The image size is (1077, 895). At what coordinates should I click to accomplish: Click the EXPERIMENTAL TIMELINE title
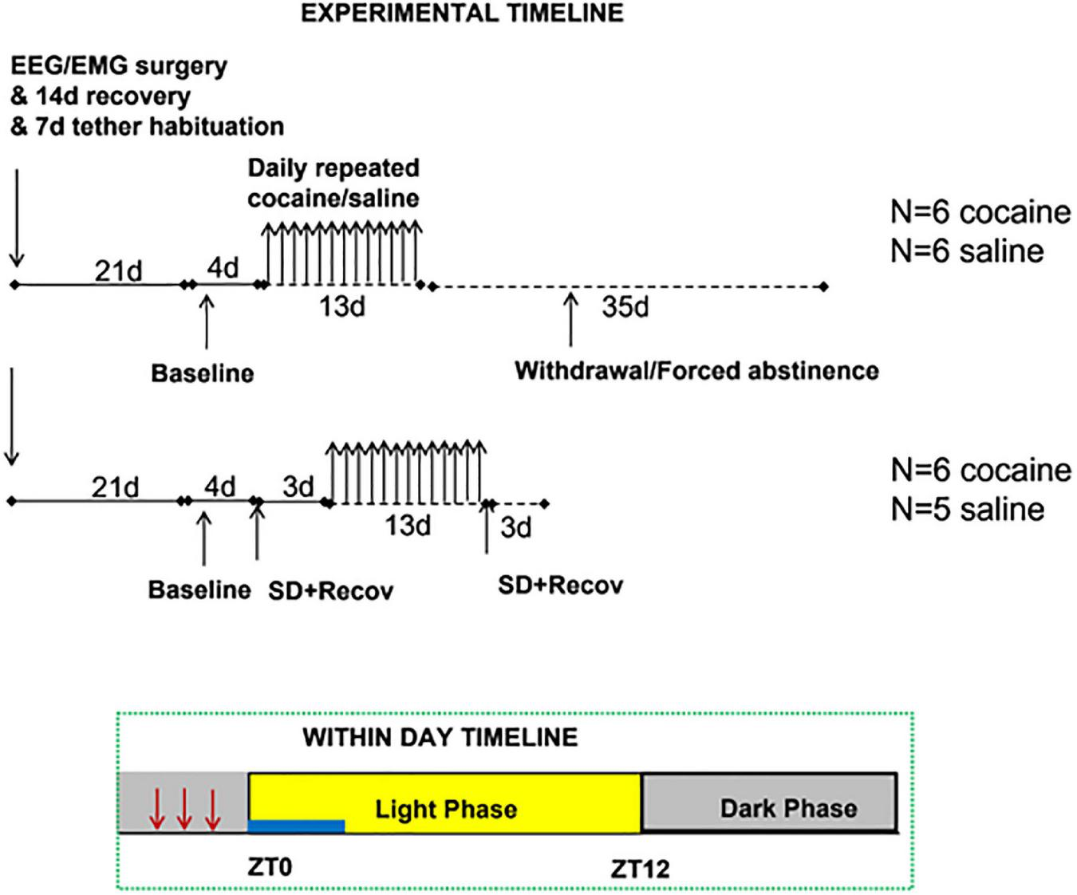tap(462, 13)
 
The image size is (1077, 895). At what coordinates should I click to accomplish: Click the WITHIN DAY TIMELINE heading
tap(440, 737)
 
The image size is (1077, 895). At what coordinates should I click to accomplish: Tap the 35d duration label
tap(625, 307)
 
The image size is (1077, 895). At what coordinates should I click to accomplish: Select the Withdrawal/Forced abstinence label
tap(696, 371)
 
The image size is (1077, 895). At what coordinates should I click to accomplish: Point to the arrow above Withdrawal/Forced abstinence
tap(570, 319)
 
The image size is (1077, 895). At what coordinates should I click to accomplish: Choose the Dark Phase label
tap(788, 808)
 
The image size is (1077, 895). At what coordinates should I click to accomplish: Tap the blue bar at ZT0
tap(297, 826)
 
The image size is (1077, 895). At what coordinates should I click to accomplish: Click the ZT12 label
tap(640, 868)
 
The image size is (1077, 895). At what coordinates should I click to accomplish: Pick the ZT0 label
tap(269, 866)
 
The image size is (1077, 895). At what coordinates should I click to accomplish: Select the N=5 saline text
tap(967, 509)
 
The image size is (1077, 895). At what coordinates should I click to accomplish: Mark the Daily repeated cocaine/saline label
tap(333, 183)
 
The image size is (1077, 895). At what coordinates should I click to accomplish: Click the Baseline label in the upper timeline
tap(203, 373)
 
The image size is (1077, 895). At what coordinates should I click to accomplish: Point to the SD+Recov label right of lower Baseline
tap(330, 591)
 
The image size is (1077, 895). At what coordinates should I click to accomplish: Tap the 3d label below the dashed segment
tap(515, 527)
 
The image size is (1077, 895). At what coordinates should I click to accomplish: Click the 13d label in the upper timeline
tap(342, 307)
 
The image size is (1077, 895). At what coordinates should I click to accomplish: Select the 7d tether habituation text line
tap(148, 126)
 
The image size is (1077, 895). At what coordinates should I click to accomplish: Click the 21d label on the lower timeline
tap(115, 487)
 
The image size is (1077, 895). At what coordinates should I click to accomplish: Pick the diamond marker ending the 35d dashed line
tap(824, 286)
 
